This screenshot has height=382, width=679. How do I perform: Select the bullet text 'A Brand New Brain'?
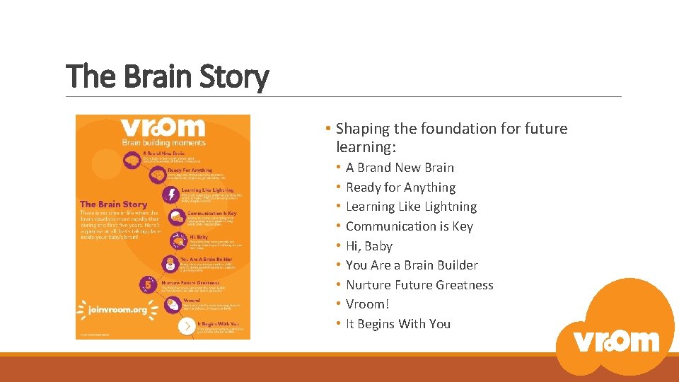[x=400, y=168]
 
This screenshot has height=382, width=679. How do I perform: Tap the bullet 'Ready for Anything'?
[x=400, y=187]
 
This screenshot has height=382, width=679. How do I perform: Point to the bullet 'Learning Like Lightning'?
[x=411, y=207]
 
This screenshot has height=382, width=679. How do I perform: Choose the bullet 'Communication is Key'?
[x=409, y=226]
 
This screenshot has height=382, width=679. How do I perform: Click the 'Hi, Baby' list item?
[x=368, y=246]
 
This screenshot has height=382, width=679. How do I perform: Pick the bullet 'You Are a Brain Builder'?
[x=412, y=265]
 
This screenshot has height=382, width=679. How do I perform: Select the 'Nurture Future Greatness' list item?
[x=419, y=285]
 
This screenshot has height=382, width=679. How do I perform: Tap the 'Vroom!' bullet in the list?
[x=367, y=304]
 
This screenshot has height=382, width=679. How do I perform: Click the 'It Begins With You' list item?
[x=397, y=324]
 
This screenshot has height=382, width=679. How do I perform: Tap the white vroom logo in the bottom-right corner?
[x=616, y=340]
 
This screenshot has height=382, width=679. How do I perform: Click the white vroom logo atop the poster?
[x=162, y=127]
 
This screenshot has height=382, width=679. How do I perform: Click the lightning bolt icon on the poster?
[x=170, y=195]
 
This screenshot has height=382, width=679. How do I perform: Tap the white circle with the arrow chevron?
[x=186, y=325]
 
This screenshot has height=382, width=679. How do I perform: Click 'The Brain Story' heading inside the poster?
[x=114, y=204]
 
